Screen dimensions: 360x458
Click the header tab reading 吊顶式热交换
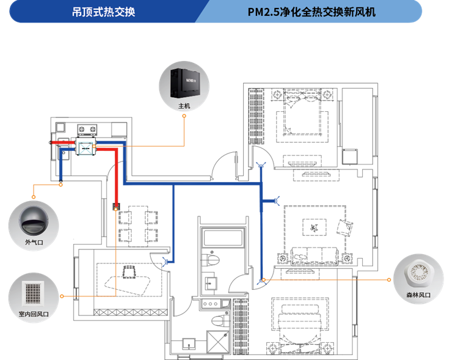coord(103,12)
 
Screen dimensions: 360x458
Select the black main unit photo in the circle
coord(184,82)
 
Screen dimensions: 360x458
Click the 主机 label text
coord(184,106)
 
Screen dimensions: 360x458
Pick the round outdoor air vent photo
coord(33,221)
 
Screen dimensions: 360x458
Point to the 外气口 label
coord(33,242)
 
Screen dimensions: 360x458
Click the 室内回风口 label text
coord(33,314)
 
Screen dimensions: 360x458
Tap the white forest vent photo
coord(418,274)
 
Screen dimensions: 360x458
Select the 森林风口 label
coord(418,295)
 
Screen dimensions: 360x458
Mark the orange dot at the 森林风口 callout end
coord(390,280)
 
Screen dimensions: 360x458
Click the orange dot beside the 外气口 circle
coord(33,197)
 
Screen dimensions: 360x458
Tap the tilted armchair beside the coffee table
coord(345,227)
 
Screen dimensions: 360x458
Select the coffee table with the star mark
coord(314,228)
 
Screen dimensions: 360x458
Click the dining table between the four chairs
coord(138,226)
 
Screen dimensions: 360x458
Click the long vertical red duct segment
coord(116,177)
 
